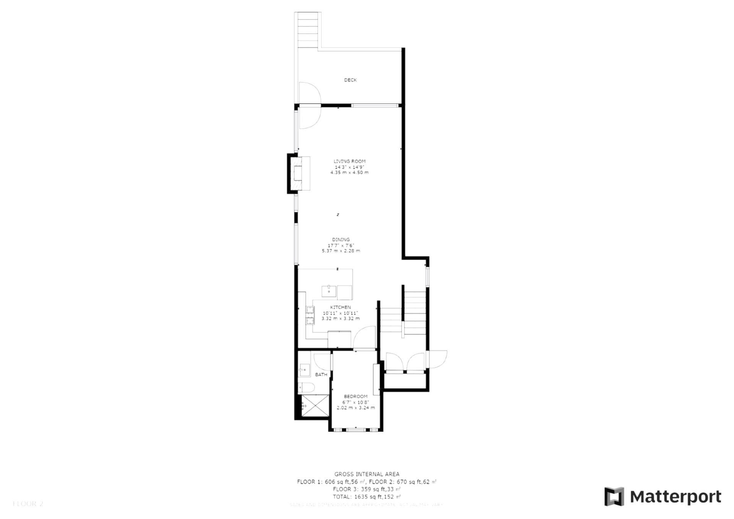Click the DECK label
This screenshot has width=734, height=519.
350,80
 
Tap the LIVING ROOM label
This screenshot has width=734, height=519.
349,161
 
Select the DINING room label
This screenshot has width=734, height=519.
341,240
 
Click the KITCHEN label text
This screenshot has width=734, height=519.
340,307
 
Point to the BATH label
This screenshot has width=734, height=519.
321,375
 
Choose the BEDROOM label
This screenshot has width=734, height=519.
356,397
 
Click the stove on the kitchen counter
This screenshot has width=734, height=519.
310,316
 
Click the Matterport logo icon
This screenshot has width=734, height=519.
614,496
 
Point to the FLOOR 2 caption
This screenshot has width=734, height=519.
28,504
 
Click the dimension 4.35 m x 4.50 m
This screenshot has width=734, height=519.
349,172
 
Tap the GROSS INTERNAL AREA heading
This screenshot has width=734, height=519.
367,474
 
